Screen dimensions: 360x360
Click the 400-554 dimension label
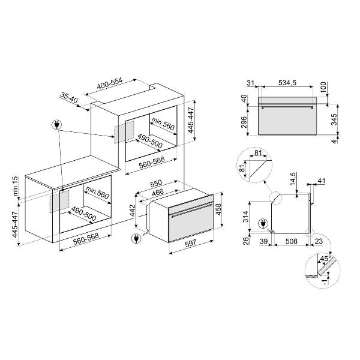110,84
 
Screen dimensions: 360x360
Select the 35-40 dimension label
70,98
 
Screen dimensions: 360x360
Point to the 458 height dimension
218,209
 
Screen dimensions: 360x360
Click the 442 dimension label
132,211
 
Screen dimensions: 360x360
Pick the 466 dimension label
158,192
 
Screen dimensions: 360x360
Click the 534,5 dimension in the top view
287,83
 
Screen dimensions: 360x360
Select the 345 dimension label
334,119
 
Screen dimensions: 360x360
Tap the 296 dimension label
244,122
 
